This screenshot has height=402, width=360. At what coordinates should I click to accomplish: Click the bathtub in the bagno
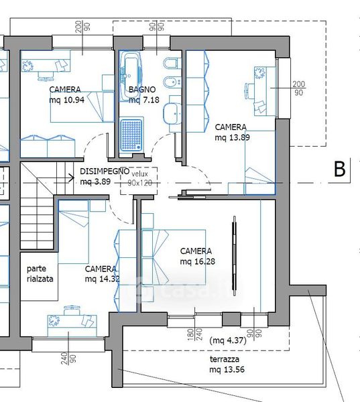click(131, 76)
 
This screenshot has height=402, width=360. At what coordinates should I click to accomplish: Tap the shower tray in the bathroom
click(131, 135)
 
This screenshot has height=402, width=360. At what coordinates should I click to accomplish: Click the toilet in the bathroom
click(171, 63)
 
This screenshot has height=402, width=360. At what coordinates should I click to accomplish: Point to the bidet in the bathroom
click(172, 82)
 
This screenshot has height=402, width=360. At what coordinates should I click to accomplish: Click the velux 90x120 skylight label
click(139, 178)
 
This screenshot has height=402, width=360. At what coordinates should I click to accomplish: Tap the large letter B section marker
click(340, 169)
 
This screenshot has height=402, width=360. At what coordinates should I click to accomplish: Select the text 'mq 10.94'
click(67, 100)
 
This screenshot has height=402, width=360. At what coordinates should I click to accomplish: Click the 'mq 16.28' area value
click(197, 261)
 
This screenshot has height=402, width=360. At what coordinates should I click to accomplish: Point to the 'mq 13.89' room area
click(232, 137)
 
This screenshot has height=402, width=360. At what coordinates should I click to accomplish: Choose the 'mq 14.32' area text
click(103, 279)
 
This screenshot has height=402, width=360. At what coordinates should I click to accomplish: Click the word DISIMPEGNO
click(105, 171)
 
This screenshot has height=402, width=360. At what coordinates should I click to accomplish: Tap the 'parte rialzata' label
click(40, 274)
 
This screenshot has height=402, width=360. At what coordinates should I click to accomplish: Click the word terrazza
click(225, 359)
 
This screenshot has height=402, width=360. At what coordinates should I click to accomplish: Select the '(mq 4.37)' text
click(228, 340)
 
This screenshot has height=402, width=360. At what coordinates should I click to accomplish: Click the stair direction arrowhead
click(72, 178)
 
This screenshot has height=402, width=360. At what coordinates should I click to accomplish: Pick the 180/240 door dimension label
click(195, 334)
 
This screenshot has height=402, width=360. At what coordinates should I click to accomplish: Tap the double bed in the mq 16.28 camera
click(174, 257)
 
